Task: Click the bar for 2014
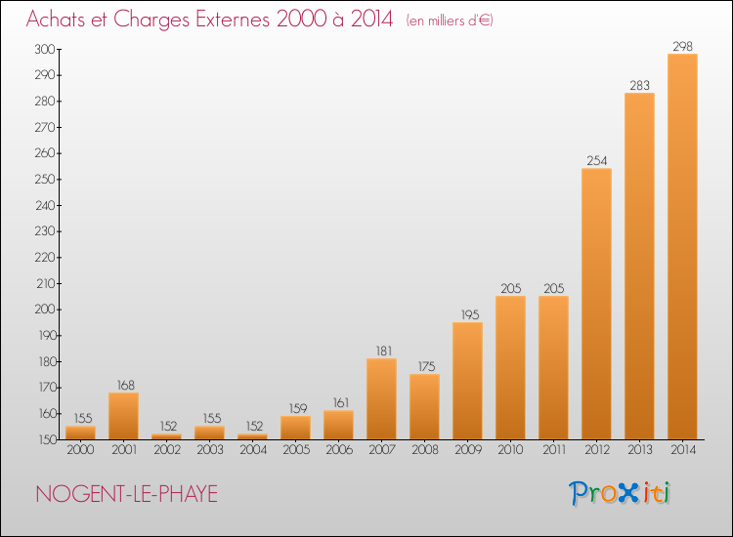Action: [682, 246]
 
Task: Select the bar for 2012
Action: [596, 304]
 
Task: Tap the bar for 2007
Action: [381, 398]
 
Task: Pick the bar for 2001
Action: [123, 416]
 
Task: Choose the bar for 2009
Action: [467, 381]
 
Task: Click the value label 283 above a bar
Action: [639, 85]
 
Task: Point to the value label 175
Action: [424, 366]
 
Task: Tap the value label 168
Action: [123, 385]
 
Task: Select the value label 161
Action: [338, 402]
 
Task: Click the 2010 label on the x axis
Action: [510, 450]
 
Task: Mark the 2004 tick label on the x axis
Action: [252, 450]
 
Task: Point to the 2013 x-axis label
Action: [639, 450]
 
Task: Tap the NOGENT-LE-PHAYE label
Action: [126, 494]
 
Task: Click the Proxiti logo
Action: [620, 493]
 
